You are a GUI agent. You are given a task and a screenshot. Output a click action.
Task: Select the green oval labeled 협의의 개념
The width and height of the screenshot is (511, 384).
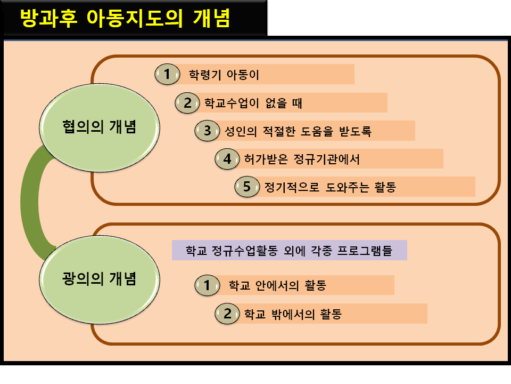[98, 127]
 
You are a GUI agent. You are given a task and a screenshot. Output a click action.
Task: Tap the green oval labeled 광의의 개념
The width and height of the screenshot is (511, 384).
[98, 278]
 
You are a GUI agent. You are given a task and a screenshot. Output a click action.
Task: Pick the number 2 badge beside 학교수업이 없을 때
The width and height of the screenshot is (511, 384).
[187, 103]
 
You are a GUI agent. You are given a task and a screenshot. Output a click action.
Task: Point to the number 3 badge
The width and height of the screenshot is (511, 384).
[208, 131]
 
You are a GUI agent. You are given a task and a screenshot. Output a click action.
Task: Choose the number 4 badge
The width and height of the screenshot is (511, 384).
[227, 159]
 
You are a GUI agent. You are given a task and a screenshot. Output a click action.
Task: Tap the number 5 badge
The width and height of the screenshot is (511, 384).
[246, 187]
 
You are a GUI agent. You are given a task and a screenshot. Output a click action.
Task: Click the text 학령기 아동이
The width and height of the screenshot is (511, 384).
[224, 75]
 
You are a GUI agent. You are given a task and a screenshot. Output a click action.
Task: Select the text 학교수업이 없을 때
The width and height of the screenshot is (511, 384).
[250, 103]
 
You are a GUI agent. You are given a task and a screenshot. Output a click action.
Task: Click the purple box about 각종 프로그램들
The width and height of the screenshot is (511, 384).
[289, 251]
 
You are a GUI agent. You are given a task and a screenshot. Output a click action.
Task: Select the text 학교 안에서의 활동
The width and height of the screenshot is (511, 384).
[277, 285]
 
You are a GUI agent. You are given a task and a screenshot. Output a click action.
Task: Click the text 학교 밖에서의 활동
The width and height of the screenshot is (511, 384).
[292, 314]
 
